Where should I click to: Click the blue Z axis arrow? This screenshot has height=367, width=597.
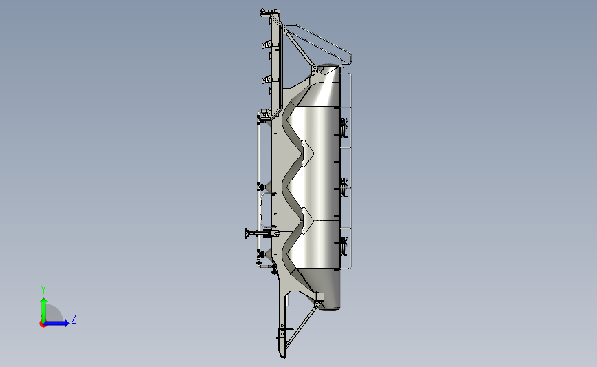coord(57,323)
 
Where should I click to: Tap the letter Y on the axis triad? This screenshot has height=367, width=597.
coord(43,290)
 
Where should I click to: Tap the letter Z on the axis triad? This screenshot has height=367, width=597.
coord(74,319)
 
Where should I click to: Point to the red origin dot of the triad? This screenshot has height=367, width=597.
coord(43,324)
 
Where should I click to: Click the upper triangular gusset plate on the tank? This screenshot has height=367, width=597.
coord(308,153)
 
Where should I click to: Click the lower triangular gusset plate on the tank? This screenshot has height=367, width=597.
coord(308,220)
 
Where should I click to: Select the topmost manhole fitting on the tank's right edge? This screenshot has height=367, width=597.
coord(344,127)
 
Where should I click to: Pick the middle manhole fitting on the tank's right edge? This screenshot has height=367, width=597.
coord(344,187)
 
